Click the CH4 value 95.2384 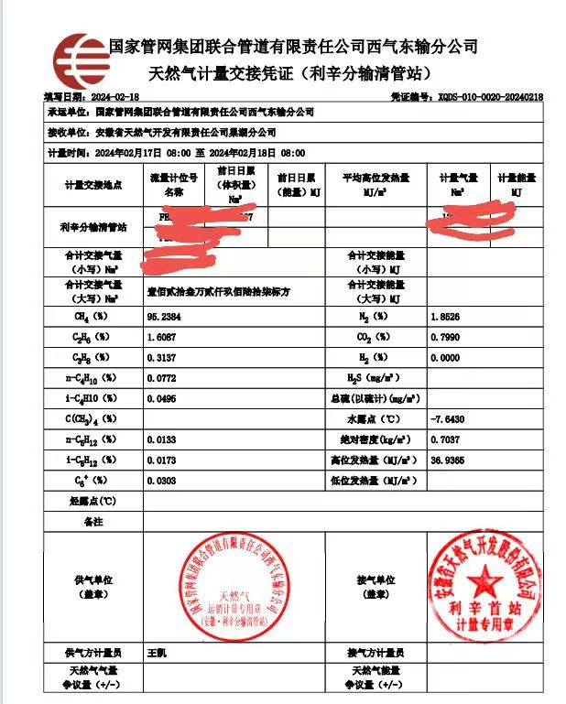point(165,316)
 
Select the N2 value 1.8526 point(445,316)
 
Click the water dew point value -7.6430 point(448,418)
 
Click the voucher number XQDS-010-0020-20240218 point(490,96)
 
